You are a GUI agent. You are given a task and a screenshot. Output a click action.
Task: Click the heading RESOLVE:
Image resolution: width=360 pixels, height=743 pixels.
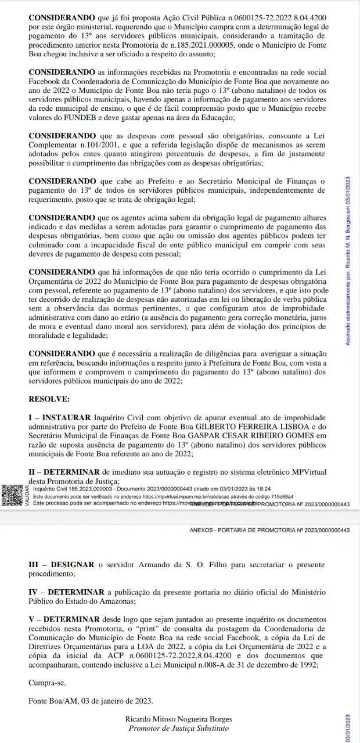[x=49, y=399]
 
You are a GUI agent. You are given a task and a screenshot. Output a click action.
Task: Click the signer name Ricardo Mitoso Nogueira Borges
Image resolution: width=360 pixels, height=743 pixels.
[x=178, y=719]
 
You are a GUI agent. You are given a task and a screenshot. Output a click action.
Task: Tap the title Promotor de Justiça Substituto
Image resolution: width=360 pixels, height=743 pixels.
[x=178, y=728]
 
